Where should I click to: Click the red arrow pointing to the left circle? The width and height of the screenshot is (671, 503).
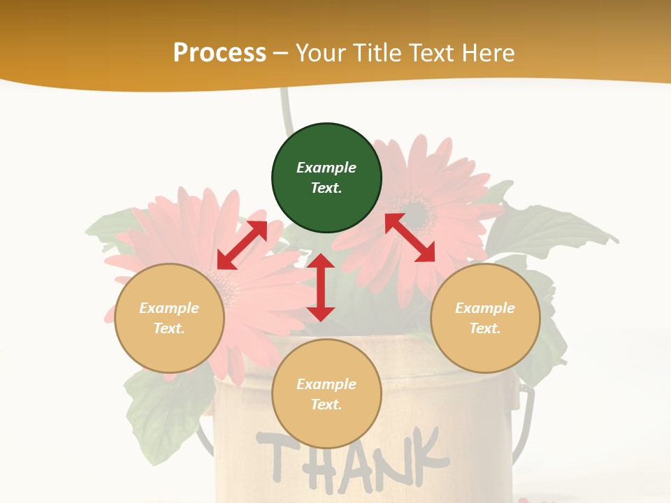pos(242,245)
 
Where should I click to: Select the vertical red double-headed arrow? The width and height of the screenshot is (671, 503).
pos(321,287)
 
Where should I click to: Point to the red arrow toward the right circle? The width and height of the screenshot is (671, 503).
pos(410,238)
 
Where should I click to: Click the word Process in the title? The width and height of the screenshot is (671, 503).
pos(219,52)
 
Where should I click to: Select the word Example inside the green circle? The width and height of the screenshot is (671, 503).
pos(326,168)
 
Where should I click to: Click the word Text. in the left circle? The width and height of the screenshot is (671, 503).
pos(169,328)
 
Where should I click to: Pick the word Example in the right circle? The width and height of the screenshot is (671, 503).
pos(485,308)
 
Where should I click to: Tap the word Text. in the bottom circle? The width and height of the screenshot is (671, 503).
pos(326,404)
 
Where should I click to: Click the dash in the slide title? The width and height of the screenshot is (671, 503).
pos(281,53)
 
